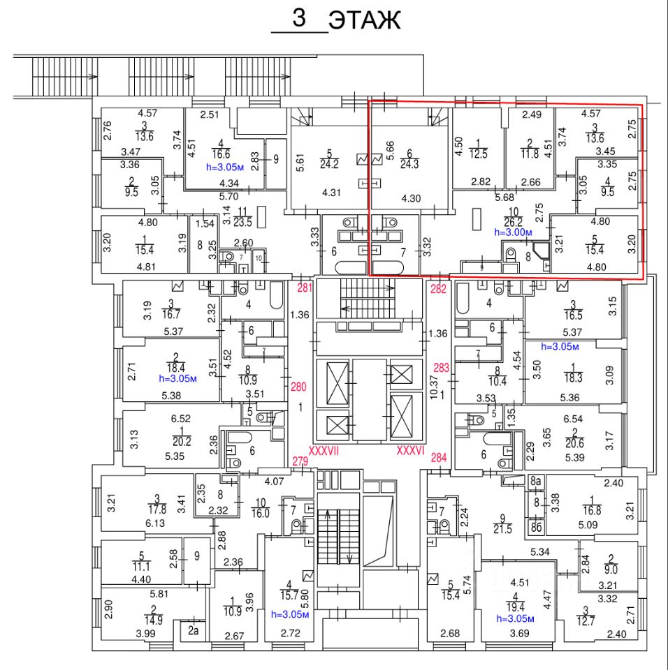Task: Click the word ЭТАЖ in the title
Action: click(365, 20)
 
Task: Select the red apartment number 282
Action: click(438, 287)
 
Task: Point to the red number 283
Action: click(442, 369)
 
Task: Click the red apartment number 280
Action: click(299, 387)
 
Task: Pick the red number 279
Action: click(300, 460)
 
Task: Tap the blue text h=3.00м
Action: click(514, 232)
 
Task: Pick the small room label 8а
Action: click(536, 482)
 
